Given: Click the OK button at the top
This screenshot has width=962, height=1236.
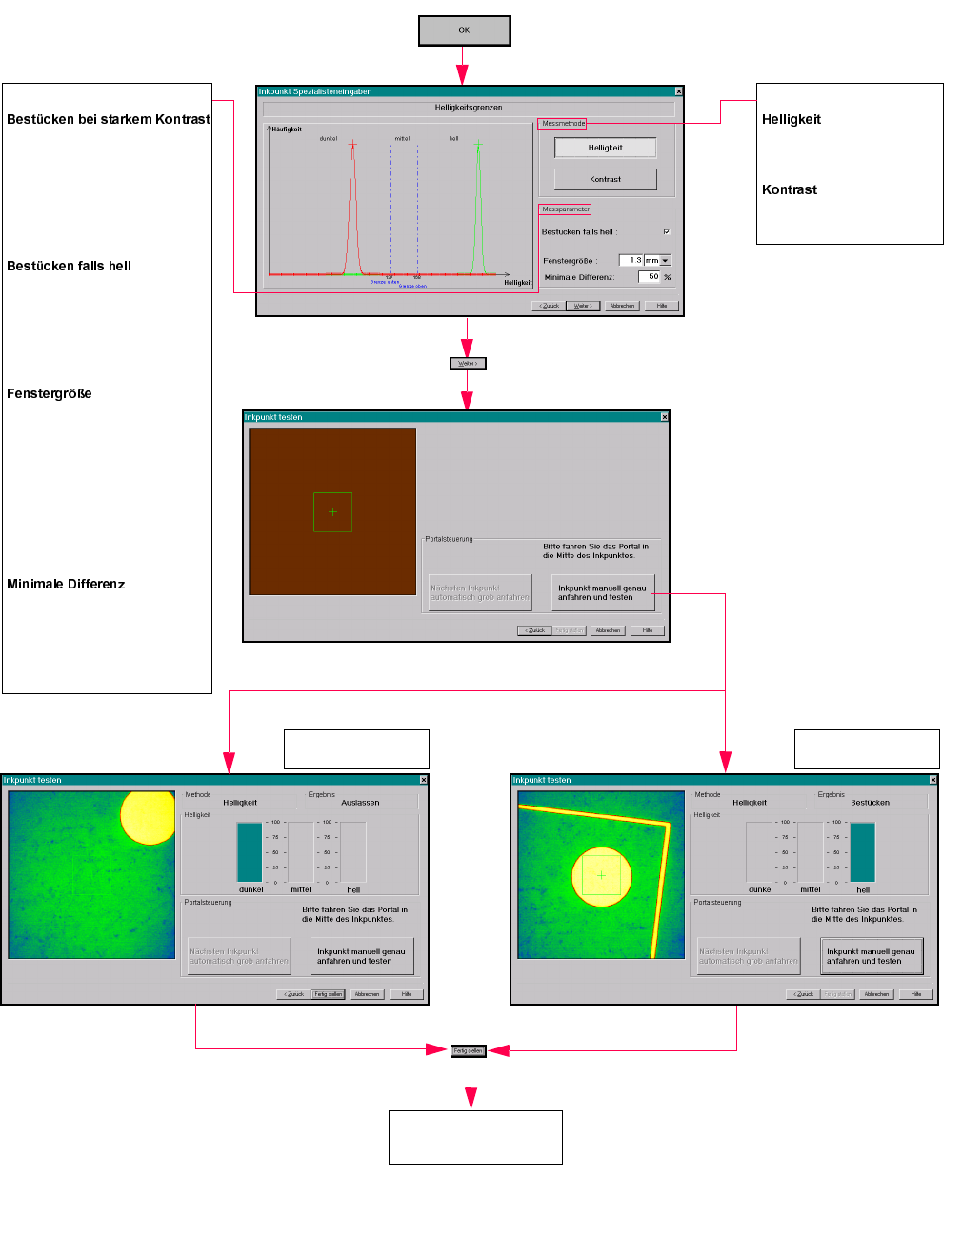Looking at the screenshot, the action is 464,30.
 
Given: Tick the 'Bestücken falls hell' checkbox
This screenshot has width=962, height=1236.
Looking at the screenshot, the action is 666,231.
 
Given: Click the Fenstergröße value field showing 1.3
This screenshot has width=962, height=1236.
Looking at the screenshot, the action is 631,260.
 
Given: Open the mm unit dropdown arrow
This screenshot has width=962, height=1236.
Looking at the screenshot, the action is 665,260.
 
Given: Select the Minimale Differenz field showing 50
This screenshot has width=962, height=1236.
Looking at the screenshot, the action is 649,277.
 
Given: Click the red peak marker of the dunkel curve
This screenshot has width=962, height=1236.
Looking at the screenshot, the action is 352,145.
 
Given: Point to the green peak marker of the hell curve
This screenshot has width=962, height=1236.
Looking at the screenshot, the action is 478,145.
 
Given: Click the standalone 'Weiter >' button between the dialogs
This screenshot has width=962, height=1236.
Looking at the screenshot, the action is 467,363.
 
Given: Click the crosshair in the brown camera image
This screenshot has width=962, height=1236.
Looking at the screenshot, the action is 332,511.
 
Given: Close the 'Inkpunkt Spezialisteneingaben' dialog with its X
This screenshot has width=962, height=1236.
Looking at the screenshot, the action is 678,91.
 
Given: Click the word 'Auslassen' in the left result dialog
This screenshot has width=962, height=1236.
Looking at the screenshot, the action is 360,803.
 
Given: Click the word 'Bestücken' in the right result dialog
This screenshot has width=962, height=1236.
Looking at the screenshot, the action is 870,803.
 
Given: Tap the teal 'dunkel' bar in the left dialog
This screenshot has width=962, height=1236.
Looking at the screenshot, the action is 250,851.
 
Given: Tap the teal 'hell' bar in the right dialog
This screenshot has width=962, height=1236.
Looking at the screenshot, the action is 862,851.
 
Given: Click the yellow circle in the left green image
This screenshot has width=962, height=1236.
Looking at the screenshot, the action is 149,818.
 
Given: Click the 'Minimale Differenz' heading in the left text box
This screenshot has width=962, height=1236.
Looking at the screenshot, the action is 66,584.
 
